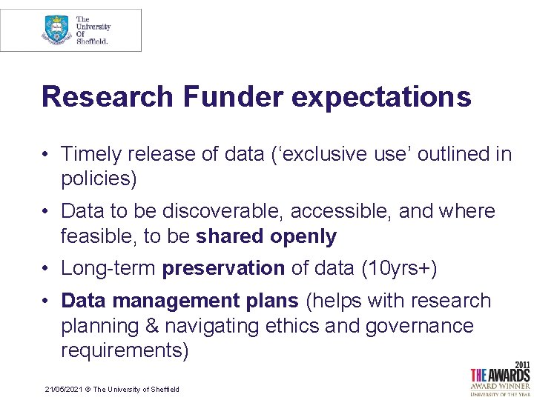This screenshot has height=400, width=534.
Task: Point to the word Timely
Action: click(x=91, y=154)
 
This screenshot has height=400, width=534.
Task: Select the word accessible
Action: click(x=341, y=211)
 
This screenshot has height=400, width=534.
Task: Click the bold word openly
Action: click(x=303, y=237)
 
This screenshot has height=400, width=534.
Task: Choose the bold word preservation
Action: click(x=223, y=268)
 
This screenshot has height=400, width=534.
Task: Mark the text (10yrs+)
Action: click(x=398, y=268)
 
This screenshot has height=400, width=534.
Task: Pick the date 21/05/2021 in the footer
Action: click(x=62, y=390)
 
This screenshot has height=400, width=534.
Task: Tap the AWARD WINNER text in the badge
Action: click(x=501, y=385)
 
